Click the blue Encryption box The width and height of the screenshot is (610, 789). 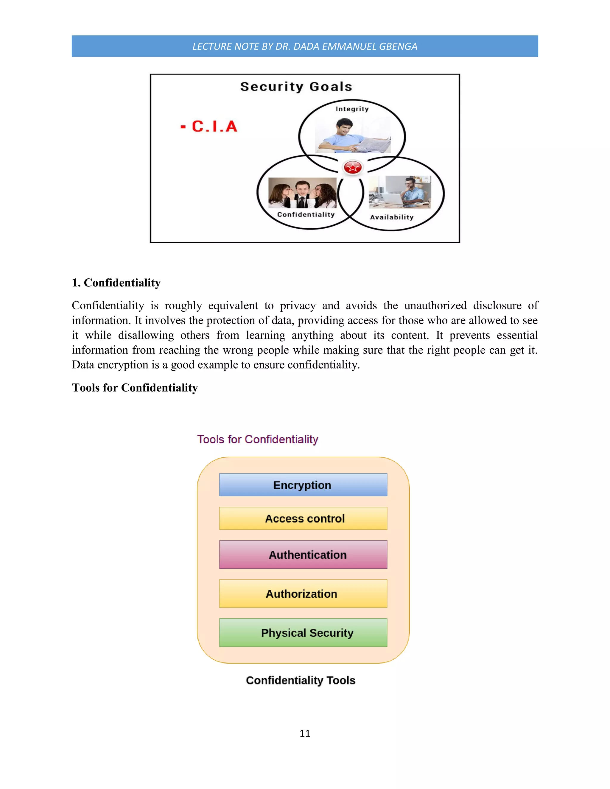[303, 485]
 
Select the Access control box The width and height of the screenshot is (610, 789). [303, 518]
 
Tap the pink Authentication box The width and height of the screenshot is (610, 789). [303, 555]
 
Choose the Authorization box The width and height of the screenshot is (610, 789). [303, 594]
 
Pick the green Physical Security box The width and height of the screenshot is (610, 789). [303, 633]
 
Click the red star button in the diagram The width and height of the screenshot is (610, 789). [352, 167]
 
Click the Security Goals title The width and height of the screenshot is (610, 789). [296, 87]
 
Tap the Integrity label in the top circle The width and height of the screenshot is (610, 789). [352, 109]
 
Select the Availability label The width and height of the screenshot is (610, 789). [392, 217]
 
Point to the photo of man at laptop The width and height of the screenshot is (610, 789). [400, 192]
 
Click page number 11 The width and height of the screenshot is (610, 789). [305, 733]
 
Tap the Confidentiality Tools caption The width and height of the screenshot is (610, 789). [300, 680]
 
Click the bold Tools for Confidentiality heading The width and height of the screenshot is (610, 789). [135, 388]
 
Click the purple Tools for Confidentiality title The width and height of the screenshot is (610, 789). [257, 439]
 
